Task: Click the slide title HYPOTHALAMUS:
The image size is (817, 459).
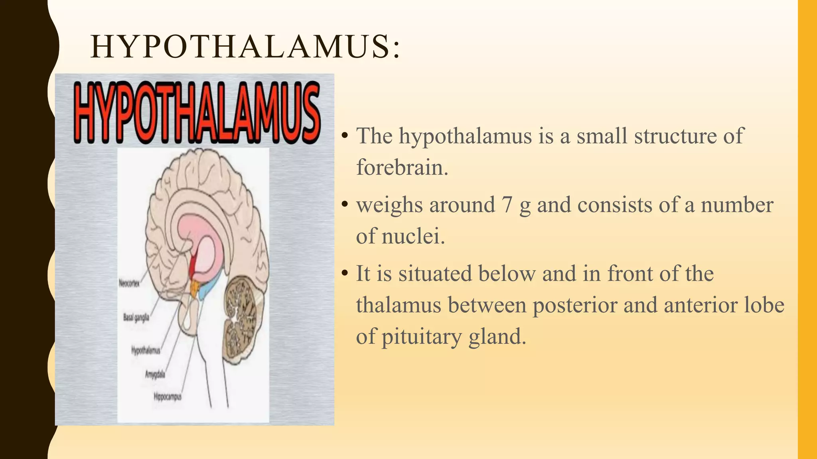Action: (x=245, y=47)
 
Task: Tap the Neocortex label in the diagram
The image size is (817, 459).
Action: (x=129, y=283)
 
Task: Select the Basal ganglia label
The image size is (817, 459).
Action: (x=136, y=317)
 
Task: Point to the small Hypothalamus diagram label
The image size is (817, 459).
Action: (x=146, y=350)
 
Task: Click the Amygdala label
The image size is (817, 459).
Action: (x=155, y=374)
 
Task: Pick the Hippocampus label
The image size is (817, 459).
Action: (x=168, y=396)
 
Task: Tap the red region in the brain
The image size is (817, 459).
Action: (x=193, y=265)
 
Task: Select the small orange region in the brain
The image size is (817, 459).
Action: (x=195, y=288)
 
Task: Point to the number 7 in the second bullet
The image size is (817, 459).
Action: (x=507, y=205)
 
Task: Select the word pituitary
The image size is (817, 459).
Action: (x=421, y=337)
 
